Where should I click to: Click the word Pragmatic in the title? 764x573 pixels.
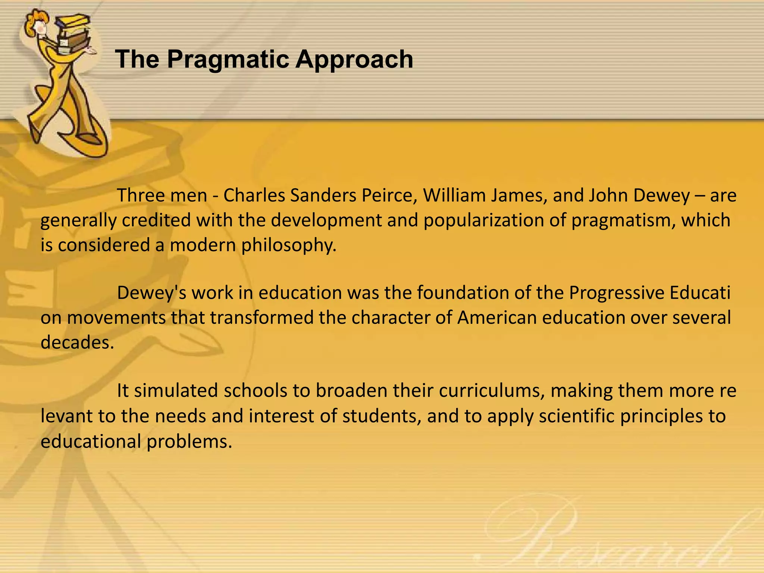coord(228,60)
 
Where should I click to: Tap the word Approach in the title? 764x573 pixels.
coord(354,60)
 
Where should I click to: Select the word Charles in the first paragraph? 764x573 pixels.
coord(254,195)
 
